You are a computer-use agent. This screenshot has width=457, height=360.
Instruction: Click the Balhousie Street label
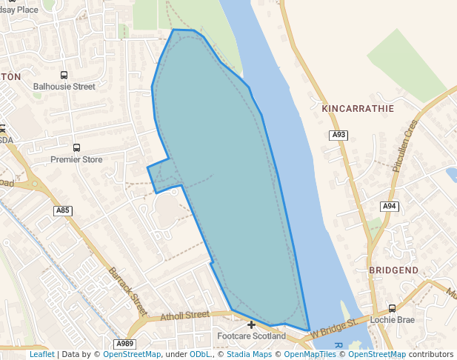(x=64, y=86)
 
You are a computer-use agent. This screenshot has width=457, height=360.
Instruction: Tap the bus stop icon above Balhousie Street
(x=64, y=75)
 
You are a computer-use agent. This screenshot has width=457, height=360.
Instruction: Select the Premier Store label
(x=76, y=159)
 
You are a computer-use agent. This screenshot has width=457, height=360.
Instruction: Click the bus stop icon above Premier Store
(x=76, y=148)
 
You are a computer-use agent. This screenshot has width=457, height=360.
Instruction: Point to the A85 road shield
(x=64, y=211)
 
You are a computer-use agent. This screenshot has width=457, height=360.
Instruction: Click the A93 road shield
(x=338, y=135)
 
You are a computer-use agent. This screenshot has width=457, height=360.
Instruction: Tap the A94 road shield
(x=390, y=206)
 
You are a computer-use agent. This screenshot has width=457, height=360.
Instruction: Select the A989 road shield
(x=125, y=344)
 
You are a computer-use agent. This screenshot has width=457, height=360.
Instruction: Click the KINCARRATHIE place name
(x=358, y=108)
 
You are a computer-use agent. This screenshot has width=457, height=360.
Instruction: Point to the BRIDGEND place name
(x=393, y=270)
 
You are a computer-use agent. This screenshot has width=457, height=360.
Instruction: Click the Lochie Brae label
(x=392, y=319)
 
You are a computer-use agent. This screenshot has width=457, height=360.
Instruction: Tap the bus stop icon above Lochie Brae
(x=392, y=308)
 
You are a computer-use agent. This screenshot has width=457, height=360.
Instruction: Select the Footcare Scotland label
(x=251, y=336)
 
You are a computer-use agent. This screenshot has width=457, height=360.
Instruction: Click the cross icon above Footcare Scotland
(x=251, y=324)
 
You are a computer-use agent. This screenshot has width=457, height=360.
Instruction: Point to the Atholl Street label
(x=185, y=315)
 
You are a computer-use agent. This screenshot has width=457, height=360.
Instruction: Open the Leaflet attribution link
(x=41, y=354)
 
